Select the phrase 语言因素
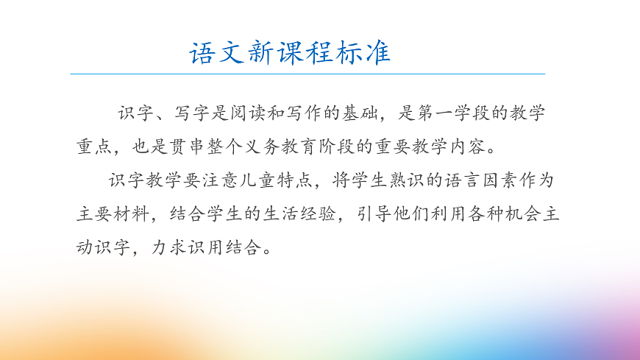pos(485,180)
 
